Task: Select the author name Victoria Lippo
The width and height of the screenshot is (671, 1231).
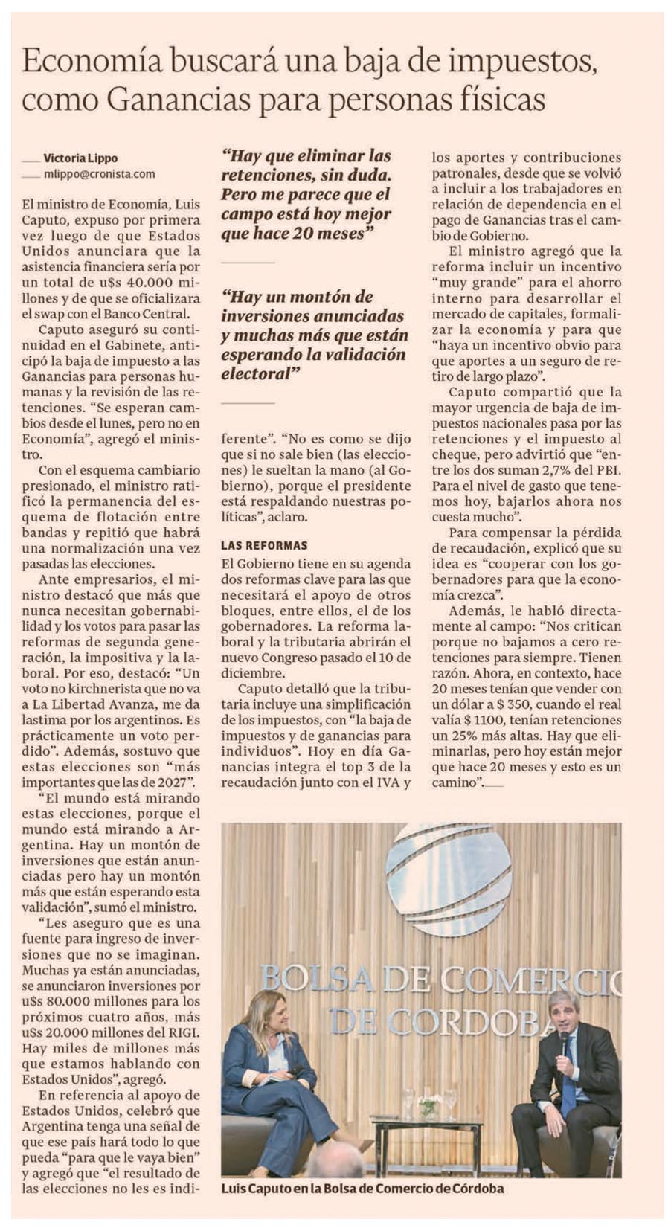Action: click(80, 158)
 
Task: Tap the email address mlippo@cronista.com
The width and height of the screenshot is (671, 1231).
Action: click(100, 174)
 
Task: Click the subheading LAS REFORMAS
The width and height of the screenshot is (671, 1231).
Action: click(264, 545)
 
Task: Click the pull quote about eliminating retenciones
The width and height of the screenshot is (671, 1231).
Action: click(306, 195)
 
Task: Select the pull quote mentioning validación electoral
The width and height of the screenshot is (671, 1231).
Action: click(313, 335)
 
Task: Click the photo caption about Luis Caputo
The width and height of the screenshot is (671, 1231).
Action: click(362, 1188)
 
